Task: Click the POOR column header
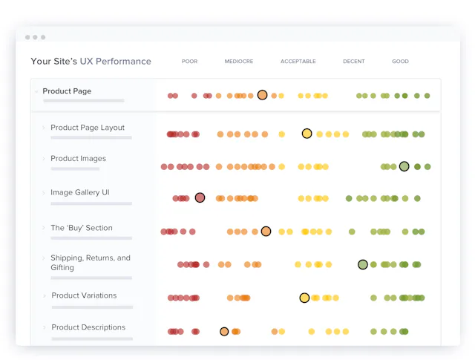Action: (x=189, y=61)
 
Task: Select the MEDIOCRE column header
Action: (x=239, y=61)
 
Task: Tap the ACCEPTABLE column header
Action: (x=298, y=61)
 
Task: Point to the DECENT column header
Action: (x=354, y=61)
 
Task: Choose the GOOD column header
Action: (x=400, y=61)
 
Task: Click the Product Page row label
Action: (x=67, y=91)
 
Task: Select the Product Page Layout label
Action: (x=88, y=128)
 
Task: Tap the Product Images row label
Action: (x=78, y=159)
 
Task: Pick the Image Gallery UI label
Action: (x=80, y=192)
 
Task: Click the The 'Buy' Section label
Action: (x=82, y=228)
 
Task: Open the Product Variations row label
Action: (x=84, y=295)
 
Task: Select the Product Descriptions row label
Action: (x=88, y=327)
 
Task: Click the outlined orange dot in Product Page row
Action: (x=262, y=95)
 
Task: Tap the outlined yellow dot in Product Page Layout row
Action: (x=307, y=134)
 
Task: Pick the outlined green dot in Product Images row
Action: (x=404, y=166)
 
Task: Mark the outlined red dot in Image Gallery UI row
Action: (x=200, y=198)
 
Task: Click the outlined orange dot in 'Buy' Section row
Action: (x=266, y=232)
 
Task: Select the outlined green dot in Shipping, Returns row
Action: (x=363, y=264)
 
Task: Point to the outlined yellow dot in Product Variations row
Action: (x=304, y=298)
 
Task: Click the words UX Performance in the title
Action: (x=116, y=61)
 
